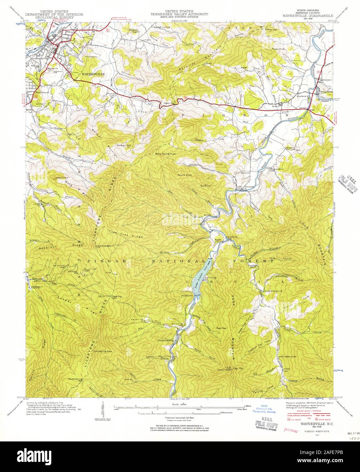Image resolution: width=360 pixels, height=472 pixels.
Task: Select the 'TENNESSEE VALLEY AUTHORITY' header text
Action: point(180,14)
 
